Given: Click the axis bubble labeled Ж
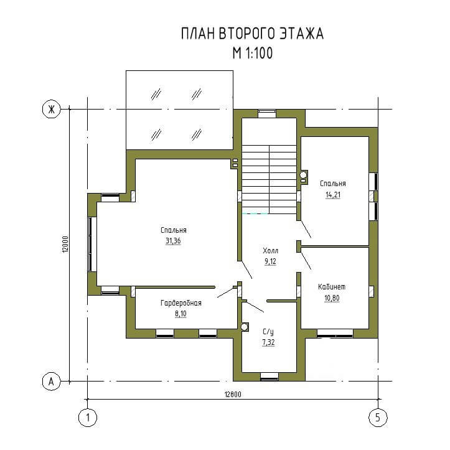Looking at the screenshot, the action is (52, 109).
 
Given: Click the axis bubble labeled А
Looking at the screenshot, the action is (52, 382).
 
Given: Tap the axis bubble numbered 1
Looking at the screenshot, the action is (88, 417).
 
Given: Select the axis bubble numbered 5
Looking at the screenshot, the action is (378, 417).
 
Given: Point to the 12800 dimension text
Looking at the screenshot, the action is (233, 395).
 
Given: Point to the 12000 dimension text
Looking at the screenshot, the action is (65, 244).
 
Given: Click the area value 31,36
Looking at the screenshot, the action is (174, 241).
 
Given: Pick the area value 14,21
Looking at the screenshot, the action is (333, 195).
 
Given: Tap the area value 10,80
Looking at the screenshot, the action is (332, 298).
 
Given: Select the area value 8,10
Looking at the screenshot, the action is (180, 314).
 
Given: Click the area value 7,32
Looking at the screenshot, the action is (268, 342).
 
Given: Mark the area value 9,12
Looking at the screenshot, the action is (270, 261).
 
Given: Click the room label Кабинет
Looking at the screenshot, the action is (332, 287).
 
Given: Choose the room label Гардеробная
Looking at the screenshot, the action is (181, 302).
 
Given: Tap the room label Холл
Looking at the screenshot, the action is (271, 251).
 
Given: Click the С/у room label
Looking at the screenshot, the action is (268, 332).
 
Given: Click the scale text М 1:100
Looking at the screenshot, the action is (253, 53).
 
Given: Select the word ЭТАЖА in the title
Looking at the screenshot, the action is (302, 33).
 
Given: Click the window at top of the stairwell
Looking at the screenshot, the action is (267, 114).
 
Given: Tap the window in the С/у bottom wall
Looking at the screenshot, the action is (270, 377).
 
